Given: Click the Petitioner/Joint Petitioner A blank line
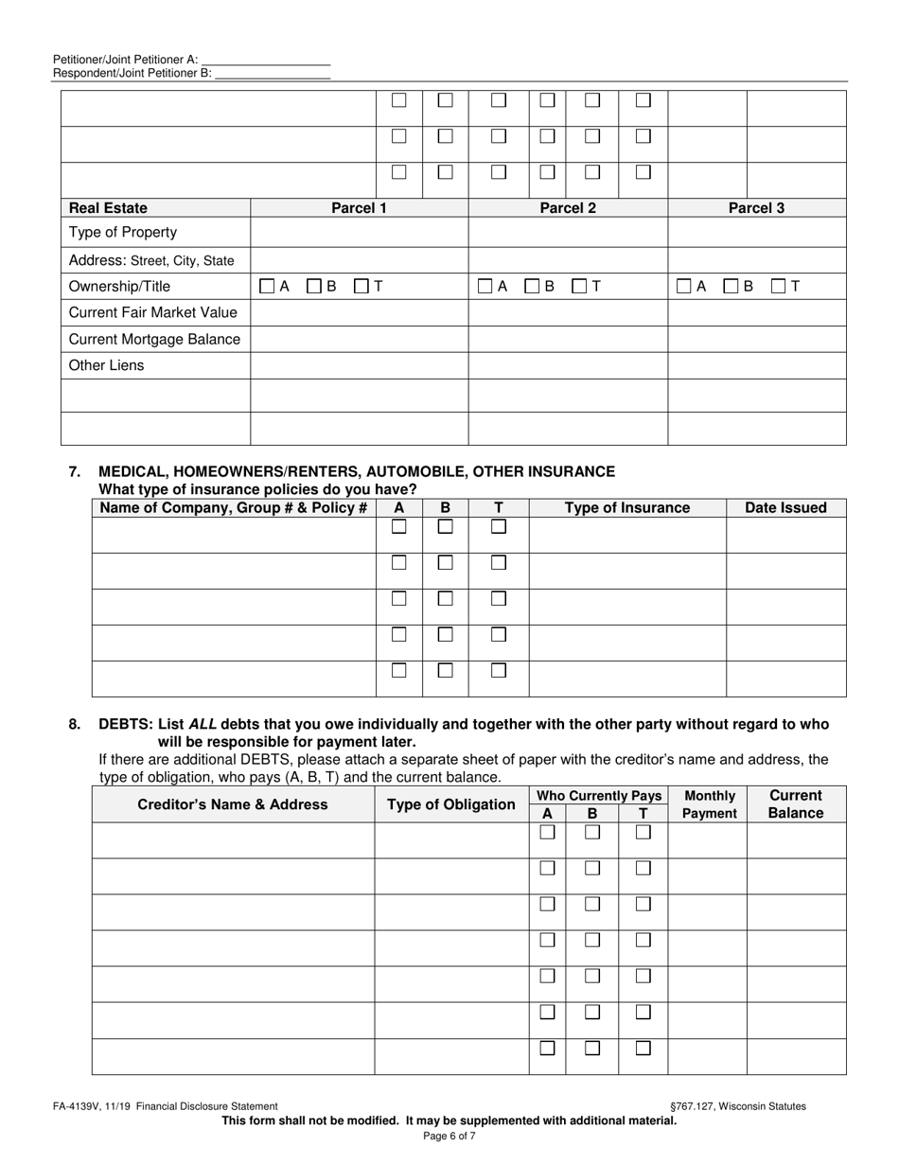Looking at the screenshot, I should [266, 59].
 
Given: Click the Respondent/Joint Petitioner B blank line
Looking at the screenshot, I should [273, 72].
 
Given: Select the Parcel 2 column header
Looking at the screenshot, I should [568, 208].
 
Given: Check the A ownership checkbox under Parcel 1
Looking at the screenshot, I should [268, 286].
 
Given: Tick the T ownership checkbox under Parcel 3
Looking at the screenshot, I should [780, 286].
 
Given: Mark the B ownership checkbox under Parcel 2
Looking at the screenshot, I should [533, 286].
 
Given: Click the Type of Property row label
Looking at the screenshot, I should [123, 233].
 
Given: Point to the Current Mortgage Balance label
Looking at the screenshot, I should [155, 339].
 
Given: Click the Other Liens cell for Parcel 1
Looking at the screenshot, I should [359, 366].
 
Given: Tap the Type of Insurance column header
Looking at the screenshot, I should [627, 508].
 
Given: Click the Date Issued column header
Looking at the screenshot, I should [785, 508].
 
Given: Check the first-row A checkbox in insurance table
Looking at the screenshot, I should [399, 527].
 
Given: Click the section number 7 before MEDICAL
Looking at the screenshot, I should [75, 471].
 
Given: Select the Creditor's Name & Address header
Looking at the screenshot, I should [233, 804].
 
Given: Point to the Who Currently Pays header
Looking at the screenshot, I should [598, 796].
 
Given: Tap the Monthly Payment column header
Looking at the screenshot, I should [709, 804].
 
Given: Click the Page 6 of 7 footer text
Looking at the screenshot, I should [449, 1137].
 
